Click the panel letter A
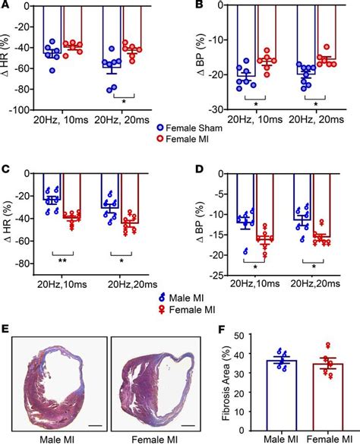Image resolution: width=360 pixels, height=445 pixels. pyautogui.click(x=6, y=6)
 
